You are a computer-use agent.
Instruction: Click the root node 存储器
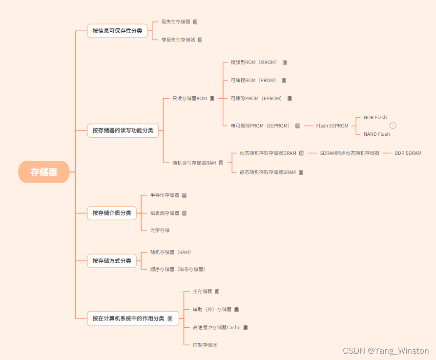tap(44, 172)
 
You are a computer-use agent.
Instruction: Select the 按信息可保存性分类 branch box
tap(117, 31)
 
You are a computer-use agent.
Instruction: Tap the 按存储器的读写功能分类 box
tap(123, 130)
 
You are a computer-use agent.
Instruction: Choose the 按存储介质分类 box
tap(112, 213)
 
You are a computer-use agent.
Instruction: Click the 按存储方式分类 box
tap(112, 261)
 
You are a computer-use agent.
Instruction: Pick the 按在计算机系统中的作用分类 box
tap(128, 318)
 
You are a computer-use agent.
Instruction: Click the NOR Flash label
tap(375, 118)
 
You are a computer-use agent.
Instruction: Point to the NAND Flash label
tap(376, 134)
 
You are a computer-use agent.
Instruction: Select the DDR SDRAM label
tap(408, 153)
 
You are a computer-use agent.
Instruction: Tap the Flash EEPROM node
tap(332, 126)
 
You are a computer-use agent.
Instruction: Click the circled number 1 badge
tap(393, 126)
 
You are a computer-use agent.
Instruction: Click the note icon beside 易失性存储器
tap(195, 22)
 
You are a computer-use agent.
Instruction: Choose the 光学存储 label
tap(160, 230)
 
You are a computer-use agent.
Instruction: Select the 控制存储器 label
tap(205, 345)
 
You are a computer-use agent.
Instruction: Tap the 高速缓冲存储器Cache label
tap(216, 327)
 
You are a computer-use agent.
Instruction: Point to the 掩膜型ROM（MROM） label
tap(254, 63)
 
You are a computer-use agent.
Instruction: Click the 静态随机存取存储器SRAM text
tap(268, 172)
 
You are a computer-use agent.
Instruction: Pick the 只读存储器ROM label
tap(189, 98)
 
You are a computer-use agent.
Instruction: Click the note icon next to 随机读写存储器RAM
tap(221, 163)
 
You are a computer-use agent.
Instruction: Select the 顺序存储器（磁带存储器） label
tap(178, 269)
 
